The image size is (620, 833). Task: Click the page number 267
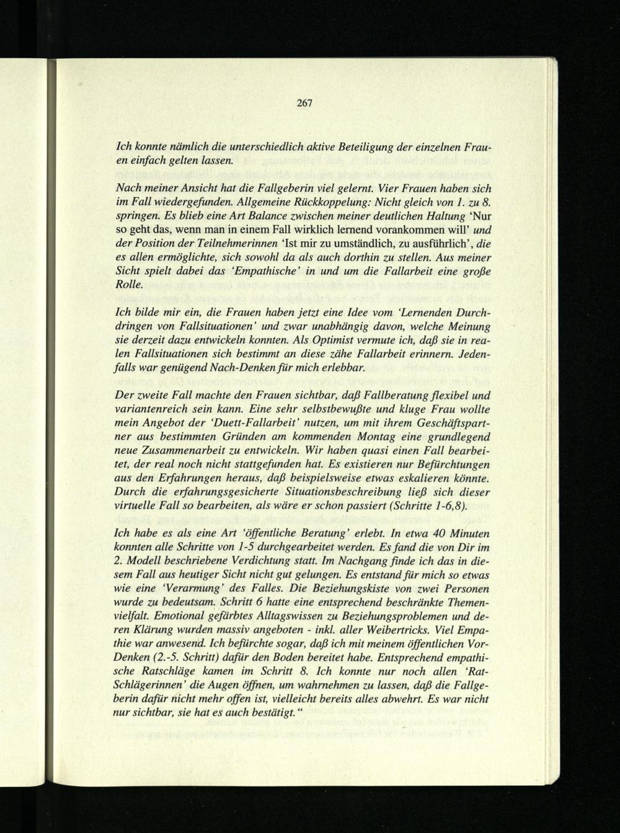[304, 103]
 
